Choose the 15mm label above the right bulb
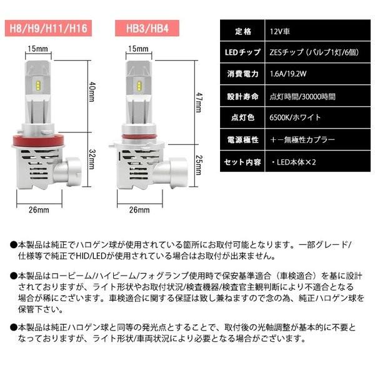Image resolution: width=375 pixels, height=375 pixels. [x=137, y=48]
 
